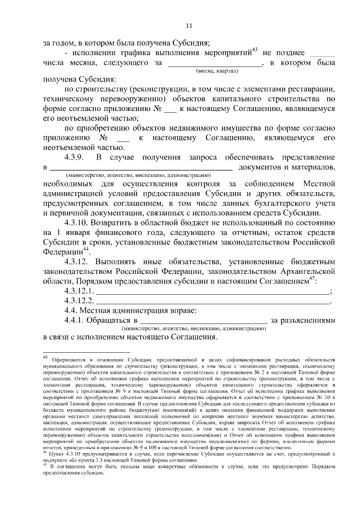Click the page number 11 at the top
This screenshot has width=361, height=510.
point(188,25)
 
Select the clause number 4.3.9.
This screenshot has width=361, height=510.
point(74,156)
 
